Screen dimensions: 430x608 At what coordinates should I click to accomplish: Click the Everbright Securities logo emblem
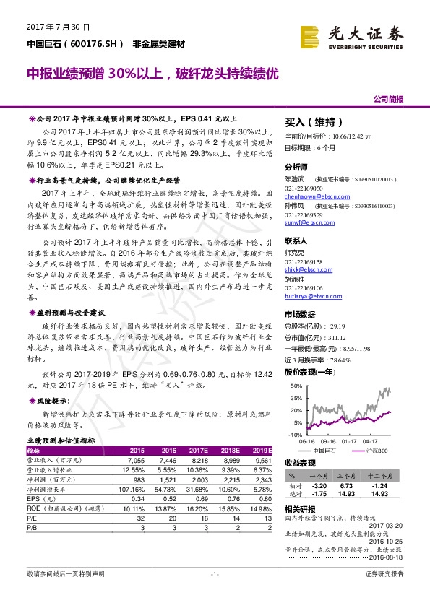click(310, 35)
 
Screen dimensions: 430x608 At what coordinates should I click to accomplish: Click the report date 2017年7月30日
click(58, 27)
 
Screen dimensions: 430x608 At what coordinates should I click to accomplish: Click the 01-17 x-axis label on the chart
click(349, 440)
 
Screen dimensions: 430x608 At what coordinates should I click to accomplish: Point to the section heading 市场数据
click(302, 315)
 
